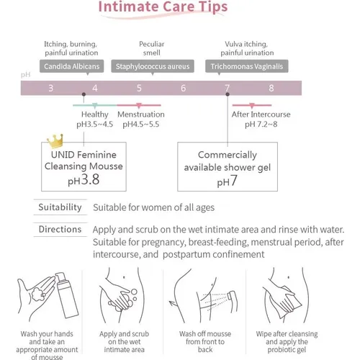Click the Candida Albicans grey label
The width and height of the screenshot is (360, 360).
[71, 66]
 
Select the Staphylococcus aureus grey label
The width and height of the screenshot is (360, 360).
[153, 66]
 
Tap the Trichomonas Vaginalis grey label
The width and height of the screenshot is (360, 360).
[247, 66]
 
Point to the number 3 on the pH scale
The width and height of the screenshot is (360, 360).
[51, 88]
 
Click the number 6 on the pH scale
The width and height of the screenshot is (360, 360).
[183, 88]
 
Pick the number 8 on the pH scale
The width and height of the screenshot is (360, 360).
[271, 88]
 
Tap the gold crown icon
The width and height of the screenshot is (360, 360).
[55, 140]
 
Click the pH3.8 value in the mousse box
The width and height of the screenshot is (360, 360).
[84, 180]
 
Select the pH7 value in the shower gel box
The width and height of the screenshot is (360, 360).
[228, 181]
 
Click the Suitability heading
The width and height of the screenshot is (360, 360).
[60, 207]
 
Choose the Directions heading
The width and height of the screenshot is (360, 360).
[60, 229]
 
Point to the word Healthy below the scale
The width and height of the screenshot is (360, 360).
[95, 114]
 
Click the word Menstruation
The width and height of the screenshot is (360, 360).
[141, 114]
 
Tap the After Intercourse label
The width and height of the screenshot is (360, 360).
[261, 114]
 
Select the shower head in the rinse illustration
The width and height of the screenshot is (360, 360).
[232, 300]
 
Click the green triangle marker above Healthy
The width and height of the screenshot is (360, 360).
[95, 105]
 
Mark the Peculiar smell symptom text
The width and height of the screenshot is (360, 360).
[152, 48]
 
